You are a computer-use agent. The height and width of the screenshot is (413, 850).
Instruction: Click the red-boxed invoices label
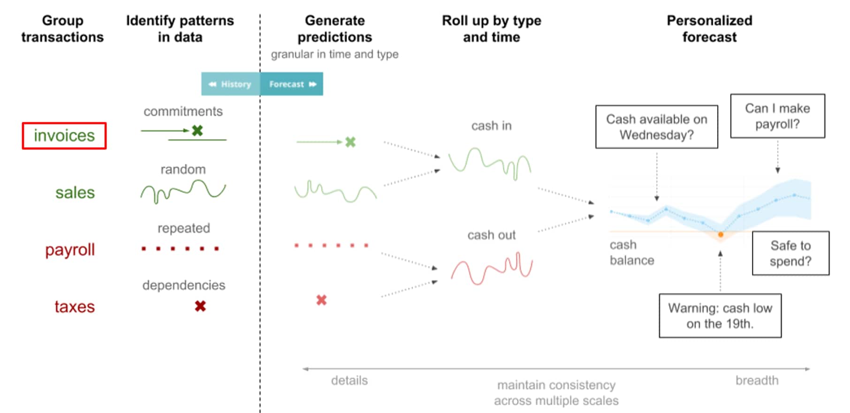tap(64, 136)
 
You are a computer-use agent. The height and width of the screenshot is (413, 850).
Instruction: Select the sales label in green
tap(75, 193)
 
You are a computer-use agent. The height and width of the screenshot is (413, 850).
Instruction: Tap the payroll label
tap(70, 250)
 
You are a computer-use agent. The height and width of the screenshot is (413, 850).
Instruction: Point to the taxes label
tap(75, 307)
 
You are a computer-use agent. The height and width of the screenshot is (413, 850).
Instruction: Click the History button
tap(231, 84)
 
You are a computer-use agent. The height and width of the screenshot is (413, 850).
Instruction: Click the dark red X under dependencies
tap(200, 306)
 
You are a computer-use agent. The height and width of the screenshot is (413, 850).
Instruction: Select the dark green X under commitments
tap(197, 130)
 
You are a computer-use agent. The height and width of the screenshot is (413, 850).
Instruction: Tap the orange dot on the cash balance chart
tap(721, 234)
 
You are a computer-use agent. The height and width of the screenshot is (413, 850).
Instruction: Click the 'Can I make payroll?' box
tap(777, 116)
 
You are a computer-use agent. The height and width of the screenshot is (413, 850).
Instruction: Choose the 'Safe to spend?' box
tap(790, 253)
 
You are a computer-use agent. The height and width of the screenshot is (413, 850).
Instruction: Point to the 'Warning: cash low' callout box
tap(720, 315)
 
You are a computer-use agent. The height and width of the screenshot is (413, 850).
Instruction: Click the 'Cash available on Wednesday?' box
tap(657, 127)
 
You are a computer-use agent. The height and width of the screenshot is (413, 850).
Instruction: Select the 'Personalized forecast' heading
tap(709, 29)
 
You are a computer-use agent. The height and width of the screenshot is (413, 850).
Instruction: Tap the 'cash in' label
tap(491, 126)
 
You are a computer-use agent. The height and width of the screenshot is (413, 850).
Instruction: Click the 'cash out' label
tap(491, 235)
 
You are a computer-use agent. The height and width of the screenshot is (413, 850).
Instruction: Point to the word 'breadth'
tap(757, 380)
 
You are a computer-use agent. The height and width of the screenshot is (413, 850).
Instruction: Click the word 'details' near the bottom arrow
tap(349, 380)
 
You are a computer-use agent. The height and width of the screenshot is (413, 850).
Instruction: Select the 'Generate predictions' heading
tap(334, 29)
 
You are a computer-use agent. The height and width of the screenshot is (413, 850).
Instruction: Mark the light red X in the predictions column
tap(321, 300)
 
